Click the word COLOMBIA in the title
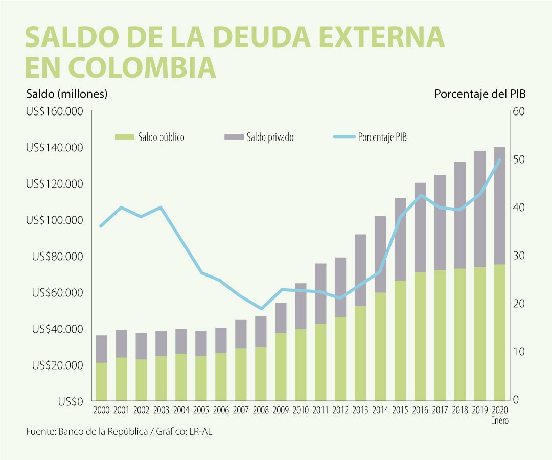141,67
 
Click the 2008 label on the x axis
261,410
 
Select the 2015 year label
400,410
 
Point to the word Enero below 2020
500,420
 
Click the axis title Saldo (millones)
67,94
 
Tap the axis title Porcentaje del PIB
480,94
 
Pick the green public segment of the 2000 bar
101,381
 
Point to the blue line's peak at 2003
160,208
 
